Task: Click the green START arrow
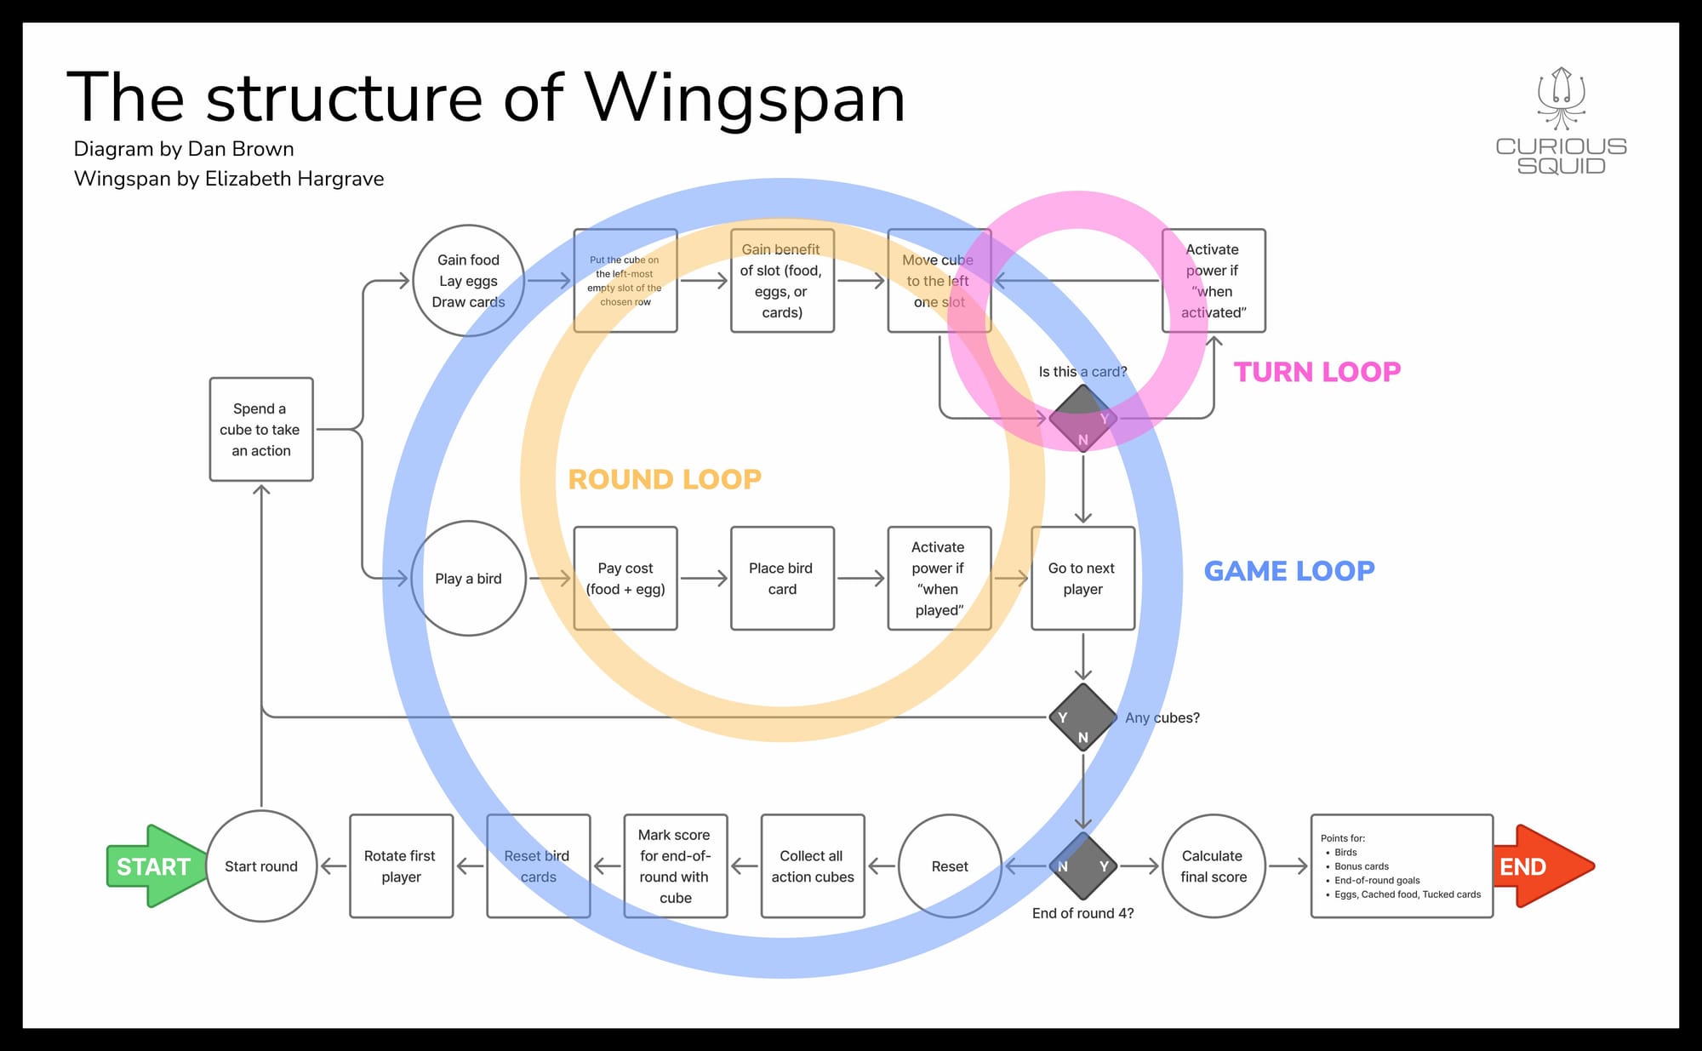click(x=153, y=866)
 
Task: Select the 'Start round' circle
click(x=261, y=866)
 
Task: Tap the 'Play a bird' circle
click(x=468, y=579)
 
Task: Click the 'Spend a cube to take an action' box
click(x=261, y=430)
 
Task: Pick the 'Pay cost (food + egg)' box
click(x=625, y=579)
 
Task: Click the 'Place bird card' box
click(x=782, y=579)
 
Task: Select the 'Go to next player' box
click(x=1082, y=579)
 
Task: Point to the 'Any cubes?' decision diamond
click(x=1082, y=717)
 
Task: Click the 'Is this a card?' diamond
click(x=1082, y=418)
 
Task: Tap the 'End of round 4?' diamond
click(x=1082, y=866)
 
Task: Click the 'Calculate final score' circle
click(x=1213, y=866)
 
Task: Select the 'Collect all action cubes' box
click(x=813, y=866)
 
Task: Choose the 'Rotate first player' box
click(x=401, y=866)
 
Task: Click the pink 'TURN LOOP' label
click(x=1316, y=372)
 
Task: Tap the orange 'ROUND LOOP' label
click(x=665, y=479)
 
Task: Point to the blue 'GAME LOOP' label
click(x=1288, y=571)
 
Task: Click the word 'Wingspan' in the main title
click(x=745, y=98)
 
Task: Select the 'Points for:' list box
click(x=1402, y=866)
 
